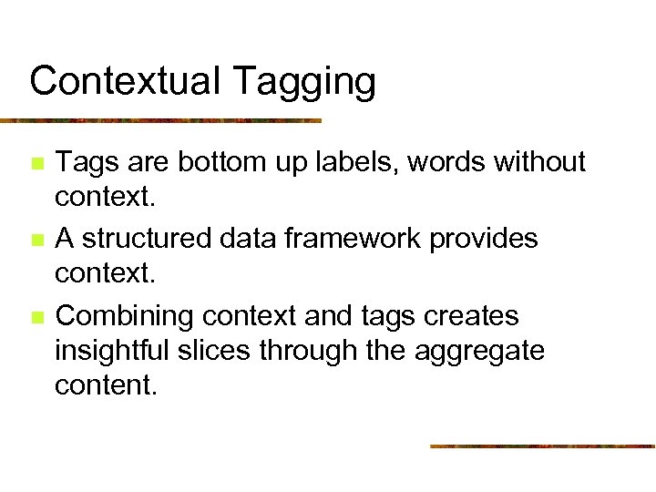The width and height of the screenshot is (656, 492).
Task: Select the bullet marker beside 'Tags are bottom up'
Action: point(36,165)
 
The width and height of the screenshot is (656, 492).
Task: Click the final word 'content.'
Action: point(106,384)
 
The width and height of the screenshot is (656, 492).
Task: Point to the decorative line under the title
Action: point(160,120)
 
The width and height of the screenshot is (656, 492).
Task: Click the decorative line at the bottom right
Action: point(542,446)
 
